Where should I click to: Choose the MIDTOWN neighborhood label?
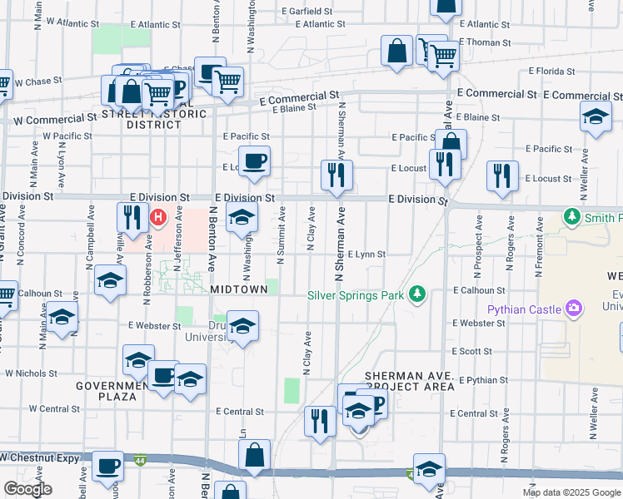click(x=239, y=289)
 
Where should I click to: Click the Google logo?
click(x=27, y=488)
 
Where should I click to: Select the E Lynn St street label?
click(x=366, y=254)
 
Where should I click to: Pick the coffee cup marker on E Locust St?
click(x=254, y=159)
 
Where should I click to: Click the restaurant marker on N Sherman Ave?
click(x=337, y=174)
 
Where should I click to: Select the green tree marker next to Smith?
click(x=572, y=218)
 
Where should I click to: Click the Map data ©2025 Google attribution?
click(x=571, y=492)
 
